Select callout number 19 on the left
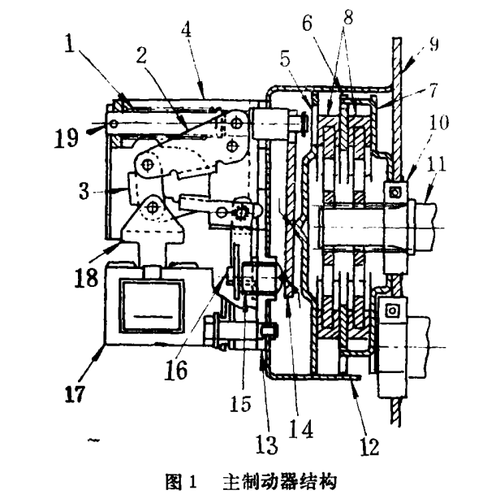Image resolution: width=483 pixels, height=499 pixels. pyautogui.click(x=66, y=138)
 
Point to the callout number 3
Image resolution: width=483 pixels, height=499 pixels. pyautogui.click(x=84, y=191)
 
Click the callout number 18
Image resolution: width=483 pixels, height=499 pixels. pyautogui.click(x=86, y=277)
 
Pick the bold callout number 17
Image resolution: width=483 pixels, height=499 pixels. pyautogui.click(x=75, y=394)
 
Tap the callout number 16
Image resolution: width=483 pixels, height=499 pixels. pyautogui.click(x=176, y=370)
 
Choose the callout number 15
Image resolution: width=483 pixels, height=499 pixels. pyautogui.click(x=241, y=404)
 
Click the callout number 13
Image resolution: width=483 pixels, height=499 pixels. pyautogui.click(x=267, y=445)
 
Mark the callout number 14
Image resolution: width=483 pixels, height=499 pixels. pyautogui.click(x=301, y=430)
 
